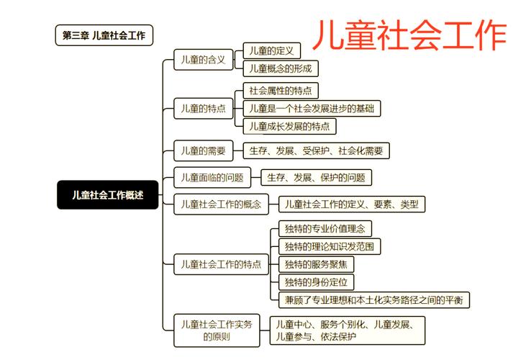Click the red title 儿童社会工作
[x=409, y=35]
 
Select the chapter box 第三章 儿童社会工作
[x=104, y=35]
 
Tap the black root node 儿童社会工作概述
[x=108, y=195]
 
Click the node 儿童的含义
[x=204, y=60]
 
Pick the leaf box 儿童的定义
[x=271, y=51]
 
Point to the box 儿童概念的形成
[x=281, y=68]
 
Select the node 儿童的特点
[x=204, y=109]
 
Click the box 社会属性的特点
[x=281, y=91]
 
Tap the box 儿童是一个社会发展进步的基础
[x=312, y=109]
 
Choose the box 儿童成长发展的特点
[x=289, y=127]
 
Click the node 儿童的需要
[x=204, y=151]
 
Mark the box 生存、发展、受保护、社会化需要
[x=316, y=151]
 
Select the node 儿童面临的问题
[x=212, y=178]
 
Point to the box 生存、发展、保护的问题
[x=316, y=178]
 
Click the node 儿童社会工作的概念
[x=221, y=204]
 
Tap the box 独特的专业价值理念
[x=325, y=229]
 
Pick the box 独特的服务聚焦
[x=316, y=264]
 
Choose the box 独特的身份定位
[x=316, y=282]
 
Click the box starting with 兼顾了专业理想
[x=374, y=300]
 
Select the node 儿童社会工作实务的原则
[x=217, y=330]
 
